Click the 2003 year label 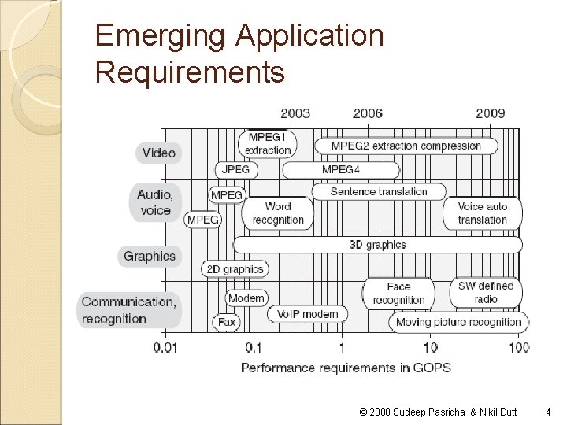click(295, 113)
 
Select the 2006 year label click(368, 113)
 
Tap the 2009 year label click(490, 113)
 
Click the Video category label click(158, 153)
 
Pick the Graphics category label click(150, 256)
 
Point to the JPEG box click(235, 169)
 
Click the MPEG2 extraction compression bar click(406, 146)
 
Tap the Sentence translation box click(379, 191)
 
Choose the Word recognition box click(278, 213)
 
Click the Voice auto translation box click(483, 213)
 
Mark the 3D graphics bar click(377, 245)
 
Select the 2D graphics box click(235, 269)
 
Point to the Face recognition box click(398, 293)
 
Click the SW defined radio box click(486, 292)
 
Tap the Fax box click(227, 322)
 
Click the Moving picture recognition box click(458, 322)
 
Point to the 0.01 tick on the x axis click(165, 347)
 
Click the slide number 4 click(549, 411)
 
